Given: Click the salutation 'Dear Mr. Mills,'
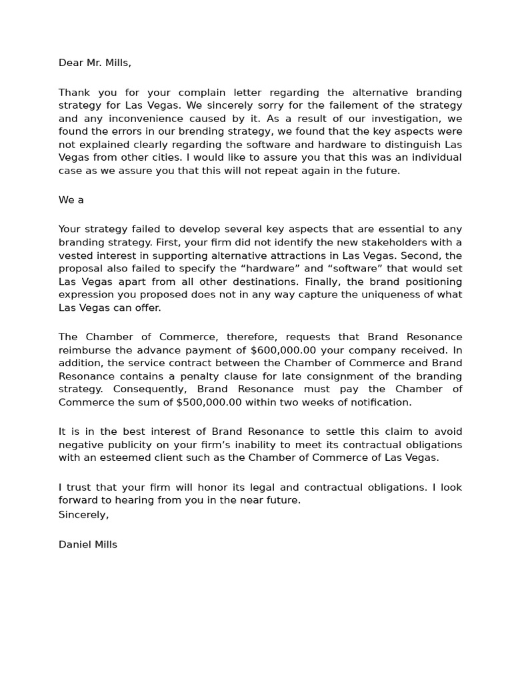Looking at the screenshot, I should (x=95, y=63).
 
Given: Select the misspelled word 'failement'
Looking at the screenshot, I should (x=356, y=106).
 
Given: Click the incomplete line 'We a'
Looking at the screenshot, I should (x=71, y=200).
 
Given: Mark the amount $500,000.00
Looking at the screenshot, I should (x=209, y=402).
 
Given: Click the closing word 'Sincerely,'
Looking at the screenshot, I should (x=83, y=514).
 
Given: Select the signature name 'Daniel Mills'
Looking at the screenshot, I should (x=87, y=545).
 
